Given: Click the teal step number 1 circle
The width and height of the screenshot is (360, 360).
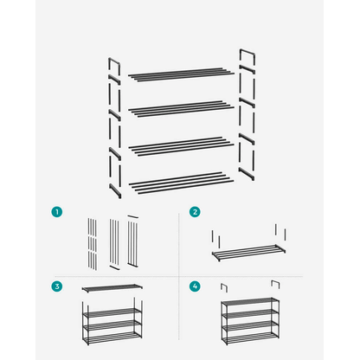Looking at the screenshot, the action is point(57,212).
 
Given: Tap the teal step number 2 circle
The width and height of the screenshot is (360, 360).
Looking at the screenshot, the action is point(195,212).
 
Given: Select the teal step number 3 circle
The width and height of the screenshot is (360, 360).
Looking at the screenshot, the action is point(57,286).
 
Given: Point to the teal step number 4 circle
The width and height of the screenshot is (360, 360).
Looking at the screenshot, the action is point(195,286).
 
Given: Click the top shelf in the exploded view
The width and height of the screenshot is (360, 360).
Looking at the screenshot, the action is point(181,74).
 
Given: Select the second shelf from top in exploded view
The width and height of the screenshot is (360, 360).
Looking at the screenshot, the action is point(181,109).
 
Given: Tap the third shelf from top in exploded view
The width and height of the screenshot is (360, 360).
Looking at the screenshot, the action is point(181,146).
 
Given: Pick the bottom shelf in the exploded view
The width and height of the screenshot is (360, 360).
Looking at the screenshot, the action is point(181,183).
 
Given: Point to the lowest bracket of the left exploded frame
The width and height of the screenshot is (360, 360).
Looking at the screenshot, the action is point(115,190).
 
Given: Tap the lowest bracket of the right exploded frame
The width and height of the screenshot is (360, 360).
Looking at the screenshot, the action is point(247,174).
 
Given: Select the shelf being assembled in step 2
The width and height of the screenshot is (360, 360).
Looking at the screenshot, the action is point(248,253).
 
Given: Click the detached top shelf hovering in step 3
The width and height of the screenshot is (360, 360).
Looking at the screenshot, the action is point(112,288).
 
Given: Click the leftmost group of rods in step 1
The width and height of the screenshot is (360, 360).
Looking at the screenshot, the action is point(93,244).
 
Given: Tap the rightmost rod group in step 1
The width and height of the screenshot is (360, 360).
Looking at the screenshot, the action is point(132,241).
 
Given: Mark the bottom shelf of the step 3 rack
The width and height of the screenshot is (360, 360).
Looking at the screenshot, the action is point(112,337).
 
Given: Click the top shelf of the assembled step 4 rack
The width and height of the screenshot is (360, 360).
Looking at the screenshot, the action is point(250,301).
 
